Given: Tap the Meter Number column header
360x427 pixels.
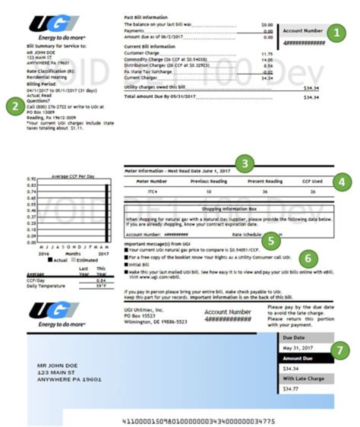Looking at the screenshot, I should coord(151,181).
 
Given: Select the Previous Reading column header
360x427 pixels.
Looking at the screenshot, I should coord(208,181).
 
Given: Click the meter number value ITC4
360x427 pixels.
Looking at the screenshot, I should coord(151,191).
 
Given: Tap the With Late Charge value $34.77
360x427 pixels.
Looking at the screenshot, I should coord(290,388).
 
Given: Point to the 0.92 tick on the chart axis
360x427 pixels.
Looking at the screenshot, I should coord(30,178).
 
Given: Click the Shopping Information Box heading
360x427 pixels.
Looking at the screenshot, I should coord(228,208).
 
